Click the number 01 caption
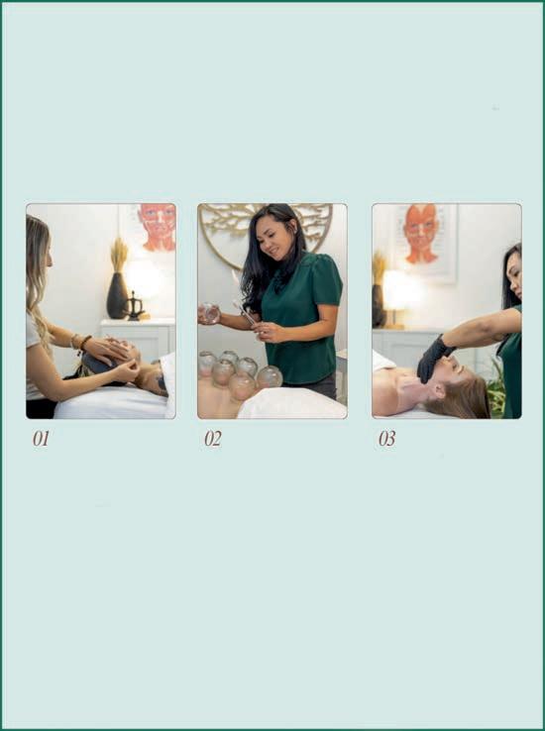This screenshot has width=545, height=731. (41, 439)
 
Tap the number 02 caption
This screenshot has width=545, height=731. (213, 439)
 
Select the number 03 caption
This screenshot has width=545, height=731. (387, 439)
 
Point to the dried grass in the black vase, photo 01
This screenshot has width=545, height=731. (119, 255)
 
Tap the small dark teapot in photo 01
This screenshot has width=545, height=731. (135, 308)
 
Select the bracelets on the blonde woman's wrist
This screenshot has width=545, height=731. (80, 343)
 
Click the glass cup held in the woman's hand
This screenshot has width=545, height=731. (209, 313)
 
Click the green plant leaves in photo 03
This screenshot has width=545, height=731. (495, 390)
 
